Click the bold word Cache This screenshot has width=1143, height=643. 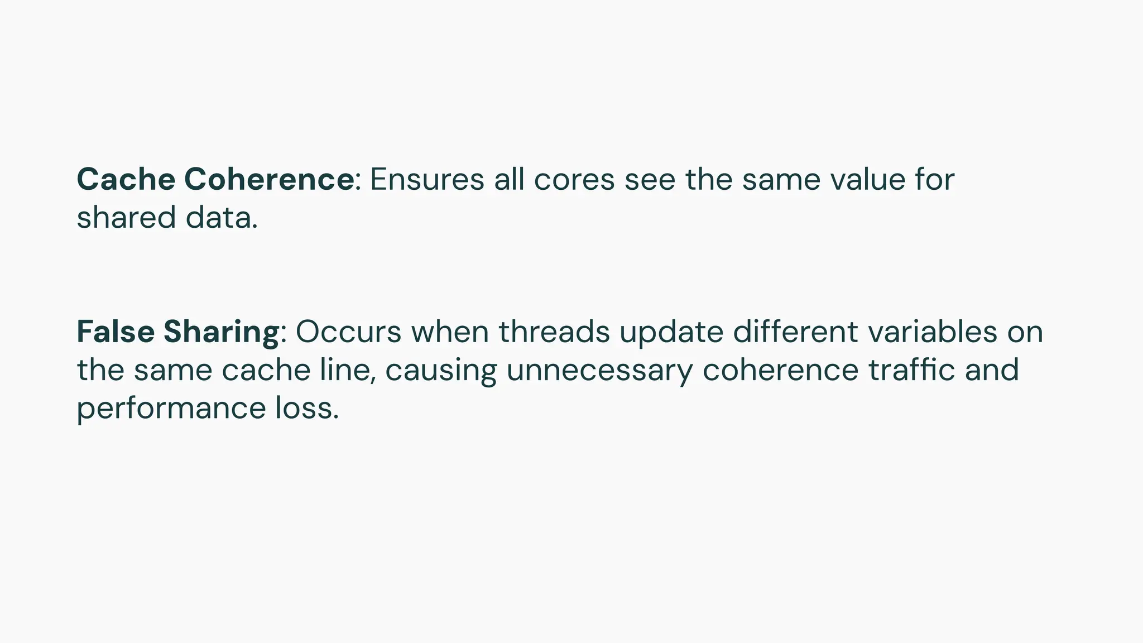pyautogui.click(x=126, y=180)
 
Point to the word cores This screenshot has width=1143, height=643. pyautogui.click(x=574, y=180)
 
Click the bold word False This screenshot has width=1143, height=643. pyautogui.click(x=116, y=332)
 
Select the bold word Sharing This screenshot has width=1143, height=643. pyautogui.click(x=220, y=332)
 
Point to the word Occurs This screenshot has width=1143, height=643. pyautogui.click(x=348, y=332)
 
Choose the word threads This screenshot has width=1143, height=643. pyautogui.click(x=554, y=332)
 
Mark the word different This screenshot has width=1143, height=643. pyautogui.click(x=795, y=332)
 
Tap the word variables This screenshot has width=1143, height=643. pyautogui.click(x=933, y=332)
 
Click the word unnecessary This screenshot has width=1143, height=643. pyautogui.click(x=599, y=371)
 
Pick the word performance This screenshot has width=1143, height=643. pyautogui.click(x=171, y=409)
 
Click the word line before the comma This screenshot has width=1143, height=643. pyautogui.click(x=345, y=370)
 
